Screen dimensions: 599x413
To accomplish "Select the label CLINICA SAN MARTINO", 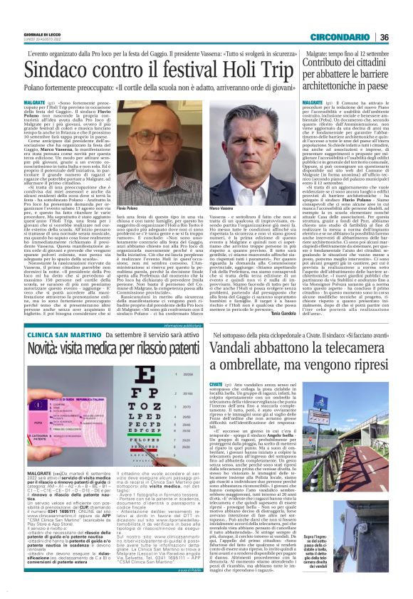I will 48,333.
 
